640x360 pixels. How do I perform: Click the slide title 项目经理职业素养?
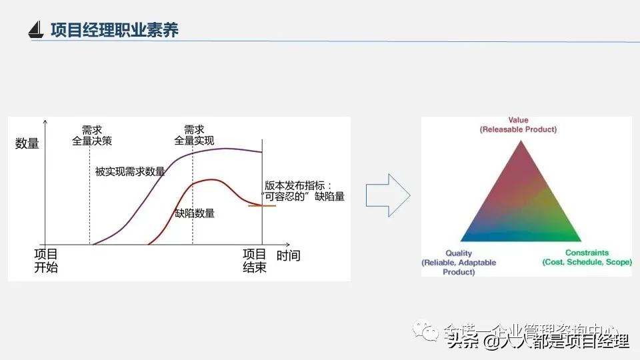(115, 30)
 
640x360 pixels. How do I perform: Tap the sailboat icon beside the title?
(37, 31)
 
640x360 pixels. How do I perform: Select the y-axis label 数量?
(27, 143)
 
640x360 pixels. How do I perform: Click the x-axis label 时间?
(288, 255)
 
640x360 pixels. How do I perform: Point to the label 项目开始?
(46, 261)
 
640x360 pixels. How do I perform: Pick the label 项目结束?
(254, 261)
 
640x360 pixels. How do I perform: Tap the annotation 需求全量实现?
(194, 135)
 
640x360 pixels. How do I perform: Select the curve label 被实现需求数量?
(131, 171)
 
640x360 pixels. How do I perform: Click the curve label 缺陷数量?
(195, 213)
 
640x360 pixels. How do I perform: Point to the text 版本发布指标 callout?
(304, 191)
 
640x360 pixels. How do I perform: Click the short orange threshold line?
(262, 205)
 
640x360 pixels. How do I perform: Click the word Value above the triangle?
(518, 121)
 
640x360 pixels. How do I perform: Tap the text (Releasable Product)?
(518, 129)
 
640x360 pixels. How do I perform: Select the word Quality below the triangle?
(459, 253)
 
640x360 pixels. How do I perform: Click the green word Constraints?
(587, 253)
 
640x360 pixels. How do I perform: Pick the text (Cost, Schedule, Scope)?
(587, 263)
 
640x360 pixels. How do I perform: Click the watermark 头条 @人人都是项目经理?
(538, 342)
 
